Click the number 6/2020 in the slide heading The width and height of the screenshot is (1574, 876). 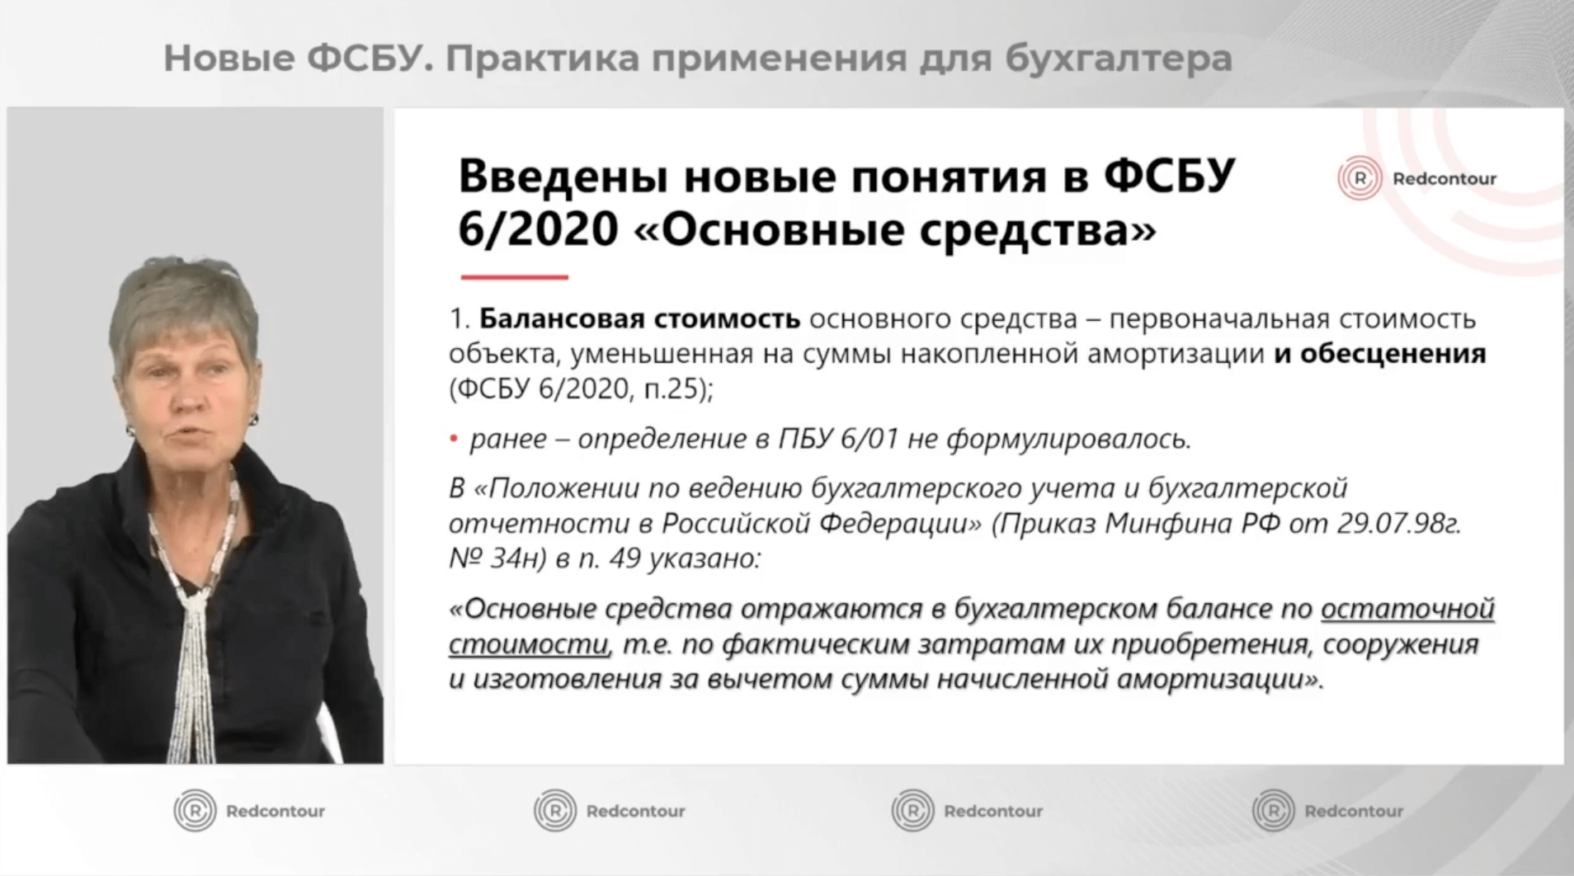(x=538, y=229)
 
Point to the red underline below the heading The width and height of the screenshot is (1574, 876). (x=514, y=277)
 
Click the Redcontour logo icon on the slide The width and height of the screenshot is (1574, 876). (x=1359, y=178)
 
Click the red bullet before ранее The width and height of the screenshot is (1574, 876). (x=453, y=440)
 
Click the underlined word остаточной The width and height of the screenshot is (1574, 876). (x=1407, y=609)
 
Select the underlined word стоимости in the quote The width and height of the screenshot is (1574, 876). (x=529, y=644)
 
